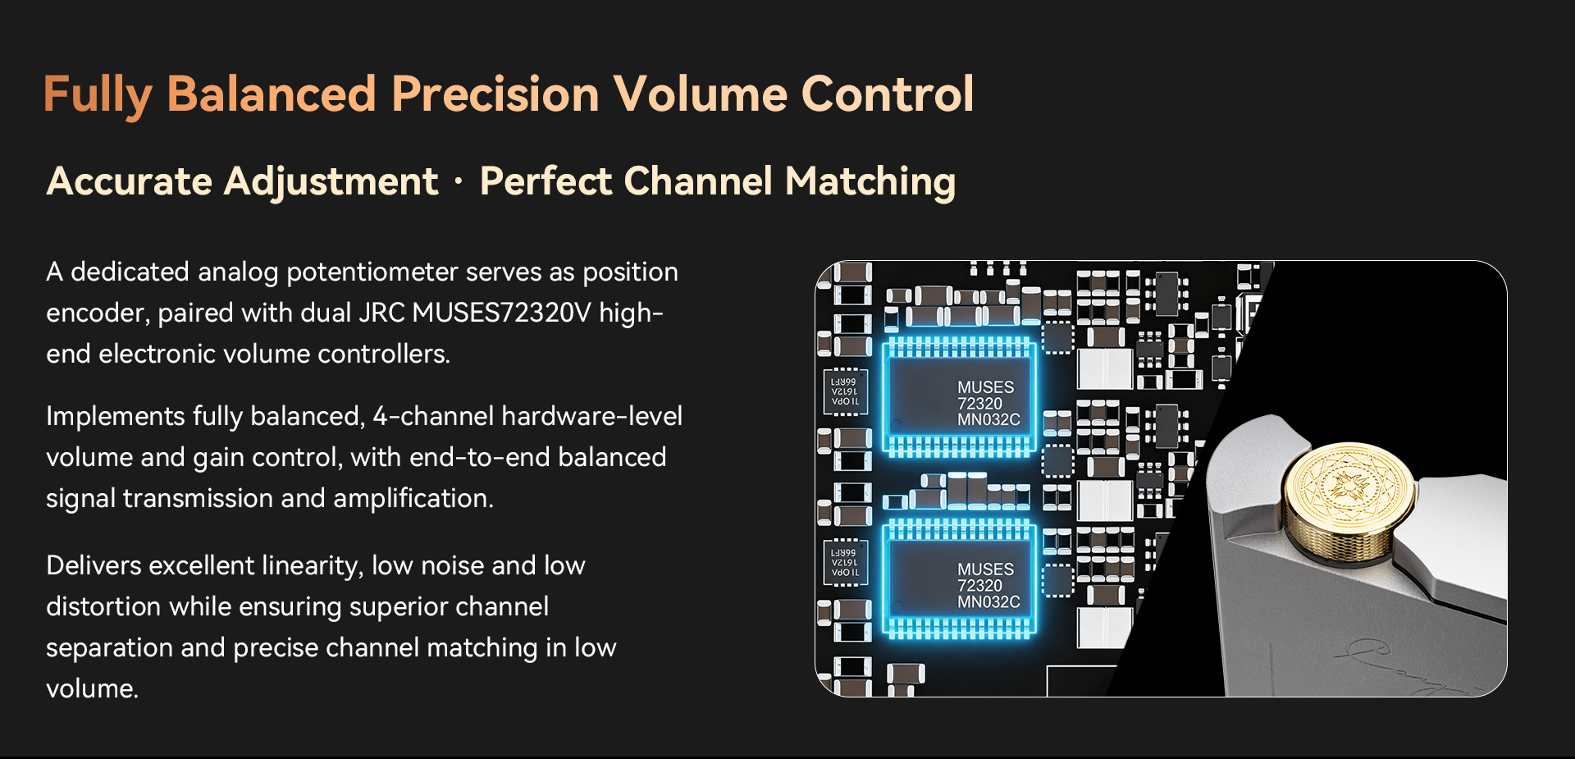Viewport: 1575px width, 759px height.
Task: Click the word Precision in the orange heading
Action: [x=495, y=94]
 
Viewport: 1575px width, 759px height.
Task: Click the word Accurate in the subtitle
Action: [x=129, y=181]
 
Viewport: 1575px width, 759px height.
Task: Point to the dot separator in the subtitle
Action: [x=458, y=181]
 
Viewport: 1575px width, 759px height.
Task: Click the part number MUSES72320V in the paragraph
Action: [x=501, y=313]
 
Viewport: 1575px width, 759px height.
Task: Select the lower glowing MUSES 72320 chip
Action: [x=959, y=580]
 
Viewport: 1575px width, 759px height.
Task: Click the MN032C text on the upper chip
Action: [x=988, y=419]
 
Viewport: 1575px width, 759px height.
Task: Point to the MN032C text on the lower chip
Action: [x=988, y=601]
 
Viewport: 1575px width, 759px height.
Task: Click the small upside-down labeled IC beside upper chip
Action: [x=845, y=392]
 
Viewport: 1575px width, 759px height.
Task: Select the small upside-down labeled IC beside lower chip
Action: [x=845, y=563]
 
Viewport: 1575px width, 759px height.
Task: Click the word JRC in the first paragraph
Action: [x=382, y=313]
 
